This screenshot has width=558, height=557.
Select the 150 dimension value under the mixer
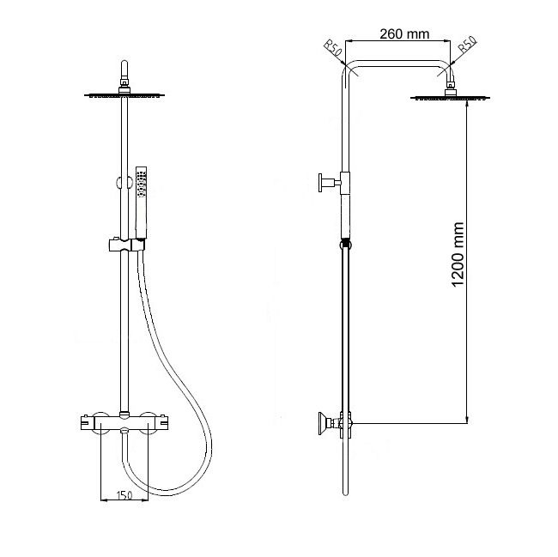124,494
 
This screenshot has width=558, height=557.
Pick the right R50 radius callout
467,48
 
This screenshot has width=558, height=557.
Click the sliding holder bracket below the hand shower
124,245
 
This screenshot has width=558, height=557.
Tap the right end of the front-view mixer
166,422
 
